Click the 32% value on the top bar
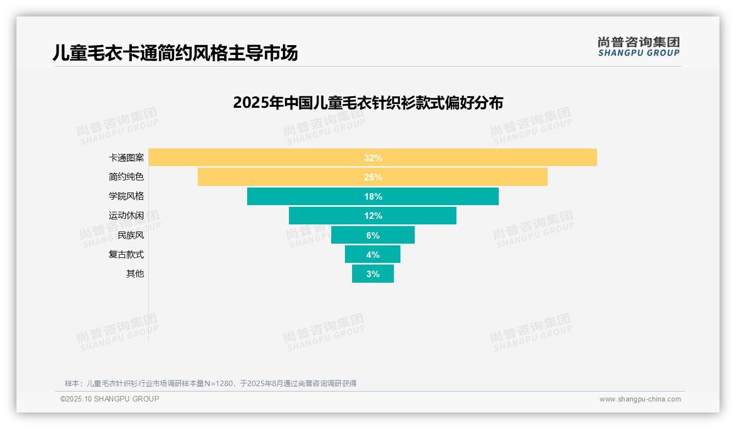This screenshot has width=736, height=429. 373,158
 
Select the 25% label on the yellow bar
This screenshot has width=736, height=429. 373,177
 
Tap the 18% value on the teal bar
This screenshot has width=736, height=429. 373,196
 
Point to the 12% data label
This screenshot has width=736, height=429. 373,216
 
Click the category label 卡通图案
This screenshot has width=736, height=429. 126,158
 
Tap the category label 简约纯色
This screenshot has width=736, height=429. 126,177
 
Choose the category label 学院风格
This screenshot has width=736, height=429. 126,196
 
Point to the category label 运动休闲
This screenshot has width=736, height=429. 126,216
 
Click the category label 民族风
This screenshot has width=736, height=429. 131,235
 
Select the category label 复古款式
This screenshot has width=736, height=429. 126,254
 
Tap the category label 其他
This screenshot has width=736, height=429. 135,273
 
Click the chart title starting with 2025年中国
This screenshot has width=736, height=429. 368,103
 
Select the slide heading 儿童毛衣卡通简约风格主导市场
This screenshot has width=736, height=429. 175,53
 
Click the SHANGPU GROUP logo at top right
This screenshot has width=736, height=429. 638,47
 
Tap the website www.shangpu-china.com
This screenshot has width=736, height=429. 640,399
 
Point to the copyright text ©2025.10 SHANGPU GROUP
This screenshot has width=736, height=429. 110,399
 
